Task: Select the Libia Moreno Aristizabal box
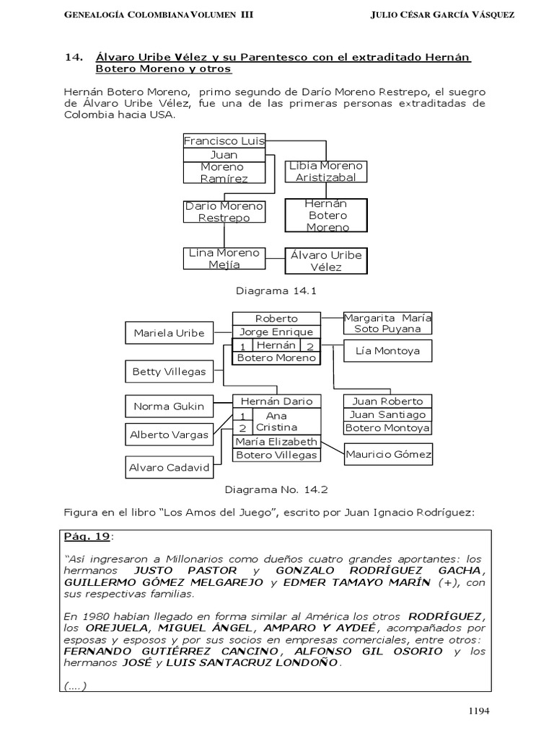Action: (x=326, y=172)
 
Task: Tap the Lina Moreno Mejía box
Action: (x=224, y=259)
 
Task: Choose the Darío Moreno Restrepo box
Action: (x=224, y=212)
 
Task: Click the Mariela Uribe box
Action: (x=169, y=333)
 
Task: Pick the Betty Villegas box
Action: (x=169, y=372)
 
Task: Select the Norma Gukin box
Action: (x=169, y=406)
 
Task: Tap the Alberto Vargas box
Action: (x=169, y=435)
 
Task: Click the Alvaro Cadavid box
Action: (x=169, y=467)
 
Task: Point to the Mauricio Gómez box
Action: (x=388, y=454)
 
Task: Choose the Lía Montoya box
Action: (x=387, y=351)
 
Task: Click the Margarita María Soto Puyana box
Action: (x=387, y=323)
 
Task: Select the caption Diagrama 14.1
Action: (x=276, y=291)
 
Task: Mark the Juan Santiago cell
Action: (x=387, y=414)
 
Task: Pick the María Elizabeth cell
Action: (x=276, y=442)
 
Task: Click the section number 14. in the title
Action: (x=74, y=57)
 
